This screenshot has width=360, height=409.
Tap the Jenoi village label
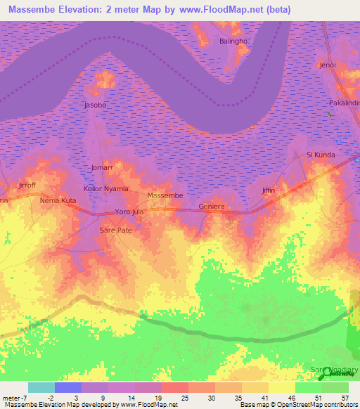tap(328, 65)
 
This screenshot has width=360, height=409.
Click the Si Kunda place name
tap(321, 155)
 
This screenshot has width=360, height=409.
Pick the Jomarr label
tap(102, 168)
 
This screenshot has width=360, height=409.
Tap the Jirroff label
tap(26, 186)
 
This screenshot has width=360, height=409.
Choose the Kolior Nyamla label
tap(106, 189)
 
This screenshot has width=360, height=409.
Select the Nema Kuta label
tap(58, 201)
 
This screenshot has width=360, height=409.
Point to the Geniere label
tap(212, 207)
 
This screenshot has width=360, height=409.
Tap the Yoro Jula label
tap(129, 212)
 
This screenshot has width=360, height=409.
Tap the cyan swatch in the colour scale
tap(41, 387)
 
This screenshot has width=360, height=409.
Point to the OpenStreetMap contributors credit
tap(314, 405)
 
